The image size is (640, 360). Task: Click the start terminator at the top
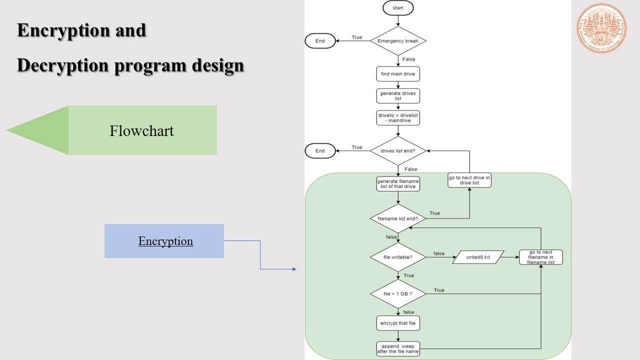pos(398,8)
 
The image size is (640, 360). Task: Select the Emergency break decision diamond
pos(398,41)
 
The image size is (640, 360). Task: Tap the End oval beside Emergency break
pos(320,41)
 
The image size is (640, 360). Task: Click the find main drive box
pos(398,74)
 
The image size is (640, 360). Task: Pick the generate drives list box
pos(398,96)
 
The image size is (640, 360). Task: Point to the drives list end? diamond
pos(398,151)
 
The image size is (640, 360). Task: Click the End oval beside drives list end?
pos(320,151)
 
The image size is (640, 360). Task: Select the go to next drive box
pos(469,180)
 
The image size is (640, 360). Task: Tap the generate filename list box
pos(398,183)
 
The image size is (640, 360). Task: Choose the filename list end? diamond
pos(398,218)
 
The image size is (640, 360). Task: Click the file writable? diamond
pos(398,257)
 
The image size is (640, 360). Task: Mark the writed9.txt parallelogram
pos(478,257)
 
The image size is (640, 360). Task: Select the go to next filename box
pos(541,257)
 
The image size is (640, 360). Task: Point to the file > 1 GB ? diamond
pos(398,294)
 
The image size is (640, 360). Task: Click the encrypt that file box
pos(398,323)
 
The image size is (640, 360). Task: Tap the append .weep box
pos(398,349)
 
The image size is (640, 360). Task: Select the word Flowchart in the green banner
pos(141,131)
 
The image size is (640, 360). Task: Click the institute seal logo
pos(601,28)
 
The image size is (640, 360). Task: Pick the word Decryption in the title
pos(62,65)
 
